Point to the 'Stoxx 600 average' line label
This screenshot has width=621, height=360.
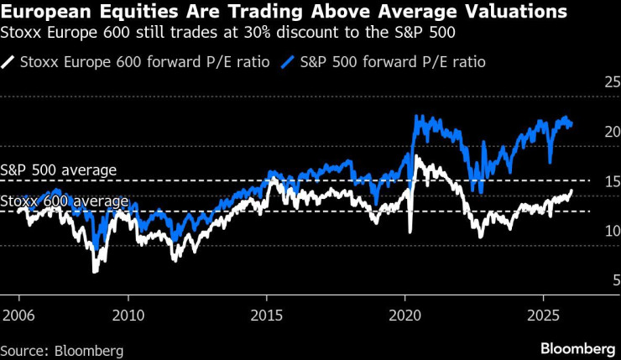(x=65, y=201)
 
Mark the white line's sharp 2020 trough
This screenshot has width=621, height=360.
(x=410, y=232)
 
